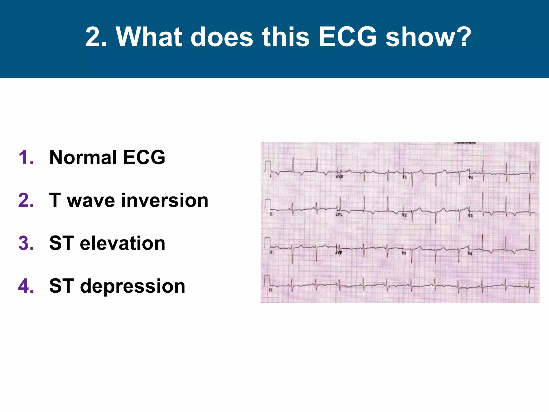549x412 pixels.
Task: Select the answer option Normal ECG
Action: pyautogui.click(x=107, y=157)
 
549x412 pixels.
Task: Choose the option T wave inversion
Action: pyautogui.click(x=129, y=200)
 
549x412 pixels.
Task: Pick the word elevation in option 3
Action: pyautogui.click(x=123, y=243)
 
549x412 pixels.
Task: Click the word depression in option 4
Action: pyautogui.click(x=133, y=286)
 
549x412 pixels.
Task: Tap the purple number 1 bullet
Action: pyautogui.click(x=26, y=157)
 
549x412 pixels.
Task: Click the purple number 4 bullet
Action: pyautogui.click(x=26, y=286)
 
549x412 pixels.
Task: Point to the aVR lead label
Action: pyautogui.click(x=340, y=177)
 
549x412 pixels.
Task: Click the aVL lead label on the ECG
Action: pyautogui.click(x=339, y=215)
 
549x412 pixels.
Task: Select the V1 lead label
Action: pyautogui.click(x=405, y=177)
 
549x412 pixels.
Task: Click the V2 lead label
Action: pyautogui.click(x=404, y=215)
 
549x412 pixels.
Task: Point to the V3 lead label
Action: pyautogui.click(x=404, y=253)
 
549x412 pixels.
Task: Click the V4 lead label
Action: pyautogui.click(x=470, y=177)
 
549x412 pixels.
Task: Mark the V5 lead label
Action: pyautogui.click(x=470, y=215)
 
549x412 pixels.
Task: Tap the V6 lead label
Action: pyautogui.click(x=470, y=253)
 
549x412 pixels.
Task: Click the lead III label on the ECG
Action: pyautogui.click(x=271, y=252)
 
